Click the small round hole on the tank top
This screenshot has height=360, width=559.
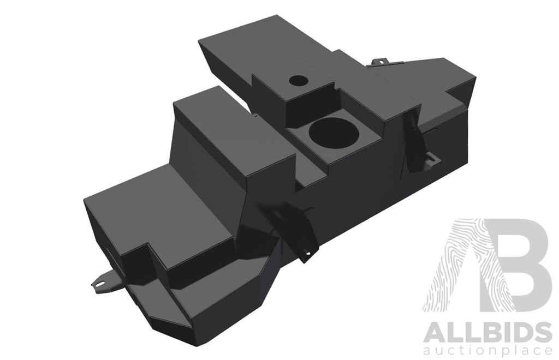pyautogui.click(x=299, y=80)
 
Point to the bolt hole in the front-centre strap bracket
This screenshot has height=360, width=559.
pyautogui.click(x=307, y=253)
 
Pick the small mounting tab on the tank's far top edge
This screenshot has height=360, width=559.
pyautogui.click(x=380, y=61)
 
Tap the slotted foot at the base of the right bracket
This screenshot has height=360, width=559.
pyautogui.click(x=431, y=160)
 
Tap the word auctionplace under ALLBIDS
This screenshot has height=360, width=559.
pyautogui.click(x=487, y=350)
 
